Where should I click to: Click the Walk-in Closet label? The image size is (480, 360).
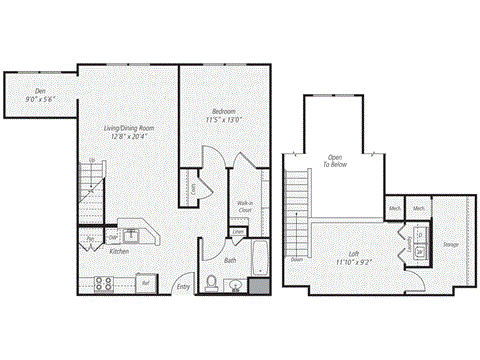[244, 208]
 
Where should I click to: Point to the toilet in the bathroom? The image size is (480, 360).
[211, 283]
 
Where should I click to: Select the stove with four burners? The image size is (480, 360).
[103, 283]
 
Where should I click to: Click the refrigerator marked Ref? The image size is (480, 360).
[145, 283]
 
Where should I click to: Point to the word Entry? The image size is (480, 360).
[183, 287]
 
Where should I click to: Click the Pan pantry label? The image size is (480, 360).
[90, 239]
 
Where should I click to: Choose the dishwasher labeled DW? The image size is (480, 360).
[114, 238]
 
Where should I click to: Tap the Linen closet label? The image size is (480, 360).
[238, 232]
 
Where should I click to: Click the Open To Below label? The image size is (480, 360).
[334, 162]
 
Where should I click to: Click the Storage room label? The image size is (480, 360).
[451, 243]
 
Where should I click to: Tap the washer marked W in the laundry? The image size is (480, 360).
[420, 250]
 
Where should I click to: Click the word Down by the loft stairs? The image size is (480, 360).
[297, 259]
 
